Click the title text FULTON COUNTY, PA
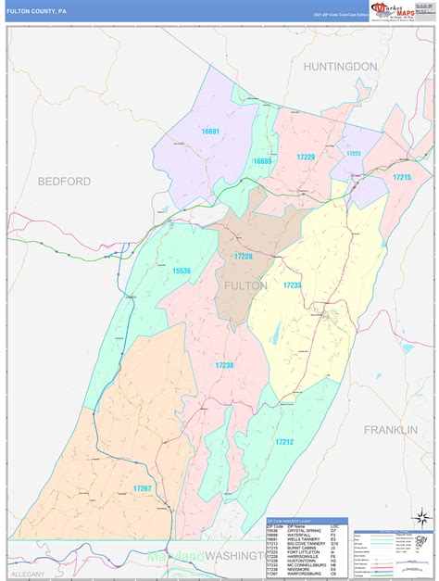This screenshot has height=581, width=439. click(x=36, y=12)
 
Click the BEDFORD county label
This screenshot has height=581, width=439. click(x=64, y=182)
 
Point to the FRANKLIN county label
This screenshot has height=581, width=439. click(x=391, y=430)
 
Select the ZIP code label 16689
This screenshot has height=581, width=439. click(x=263, y=161)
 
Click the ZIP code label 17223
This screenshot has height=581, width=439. click(x=353, y=154)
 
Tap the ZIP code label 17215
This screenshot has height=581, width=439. click(x=400, y=176)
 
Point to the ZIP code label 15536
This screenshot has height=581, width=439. click(x=181, y=271)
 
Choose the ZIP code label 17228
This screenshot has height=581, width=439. click(x=243, y=256)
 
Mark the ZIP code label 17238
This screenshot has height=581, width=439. click(x=224, y=367)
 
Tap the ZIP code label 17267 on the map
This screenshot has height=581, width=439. click(x=142, y=488)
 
